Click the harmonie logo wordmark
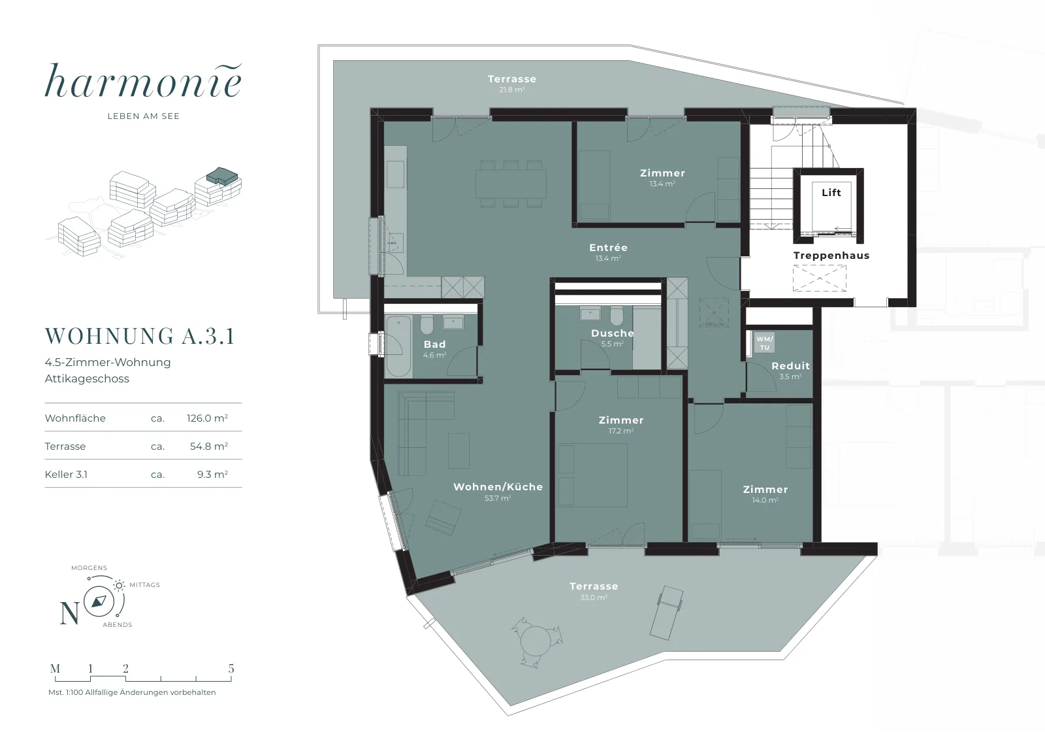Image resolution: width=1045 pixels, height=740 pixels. tap(143, 81)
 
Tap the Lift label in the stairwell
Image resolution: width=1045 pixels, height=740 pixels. tap(831, 192)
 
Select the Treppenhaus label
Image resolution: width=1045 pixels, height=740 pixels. tap(831, 256)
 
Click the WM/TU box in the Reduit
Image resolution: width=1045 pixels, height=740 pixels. tap(764, 343)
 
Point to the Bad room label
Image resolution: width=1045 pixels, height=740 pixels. tap(435, 344)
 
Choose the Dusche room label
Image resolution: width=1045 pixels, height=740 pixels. tap(613, 333)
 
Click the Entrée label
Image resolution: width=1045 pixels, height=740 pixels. tap(608, 248)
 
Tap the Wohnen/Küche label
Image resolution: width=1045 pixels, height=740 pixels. tap(498, 486)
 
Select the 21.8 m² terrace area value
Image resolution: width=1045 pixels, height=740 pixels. tap(512, 89)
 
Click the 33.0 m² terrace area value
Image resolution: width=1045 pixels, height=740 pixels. tap(594, 597)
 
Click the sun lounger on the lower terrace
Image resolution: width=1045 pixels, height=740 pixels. tap(667, 613)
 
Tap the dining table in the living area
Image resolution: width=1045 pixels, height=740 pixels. tap(511, 184)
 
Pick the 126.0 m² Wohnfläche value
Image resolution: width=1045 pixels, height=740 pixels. tap(207, 418)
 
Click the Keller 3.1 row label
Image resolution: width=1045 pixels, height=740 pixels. tap(66, 475)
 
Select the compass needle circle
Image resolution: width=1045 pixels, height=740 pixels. tap(99, 601)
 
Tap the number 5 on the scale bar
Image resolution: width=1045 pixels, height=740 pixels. tap(231, 668)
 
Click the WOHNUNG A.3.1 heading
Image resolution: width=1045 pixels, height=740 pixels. tap(140, 336)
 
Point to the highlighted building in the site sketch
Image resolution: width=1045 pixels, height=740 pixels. tap(222, 176)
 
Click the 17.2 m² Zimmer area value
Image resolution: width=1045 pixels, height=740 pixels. tap(621, 431)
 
